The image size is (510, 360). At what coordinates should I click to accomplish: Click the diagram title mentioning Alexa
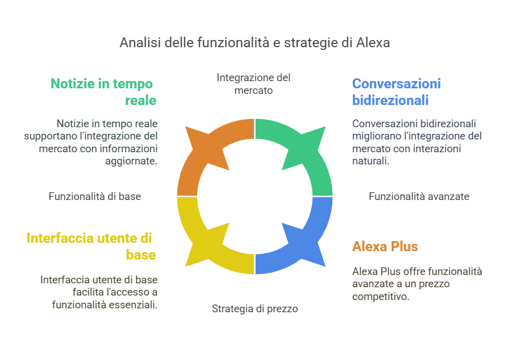pos(254,43)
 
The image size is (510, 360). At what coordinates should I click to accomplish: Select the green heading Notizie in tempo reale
pos(103,92)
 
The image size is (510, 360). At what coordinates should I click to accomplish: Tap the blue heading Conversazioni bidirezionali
pos(397,92)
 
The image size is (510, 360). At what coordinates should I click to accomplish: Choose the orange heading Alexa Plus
pos(385,247)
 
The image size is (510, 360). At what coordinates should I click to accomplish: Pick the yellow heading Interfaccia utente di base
pos(91,247)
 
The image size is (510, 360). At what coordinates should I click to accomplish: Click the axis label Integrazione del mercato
pos(254,84)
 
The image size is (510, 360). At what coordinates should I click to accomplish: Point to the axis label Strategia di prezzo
pos(254,309)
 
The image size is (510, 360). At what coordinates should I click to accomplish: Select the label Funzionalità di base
pos(94,197)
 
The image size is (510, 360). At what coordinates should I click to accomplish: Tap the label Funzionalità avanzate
pos(419,197)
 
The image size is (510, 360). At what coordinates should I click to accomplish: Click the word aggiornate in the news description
pos(132,161)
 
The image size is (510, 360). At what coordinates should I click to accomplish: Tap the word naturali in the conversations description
pos(371,161)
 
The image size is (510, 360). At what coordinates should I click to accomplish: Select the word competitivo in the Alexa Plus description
pos(381,297)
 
